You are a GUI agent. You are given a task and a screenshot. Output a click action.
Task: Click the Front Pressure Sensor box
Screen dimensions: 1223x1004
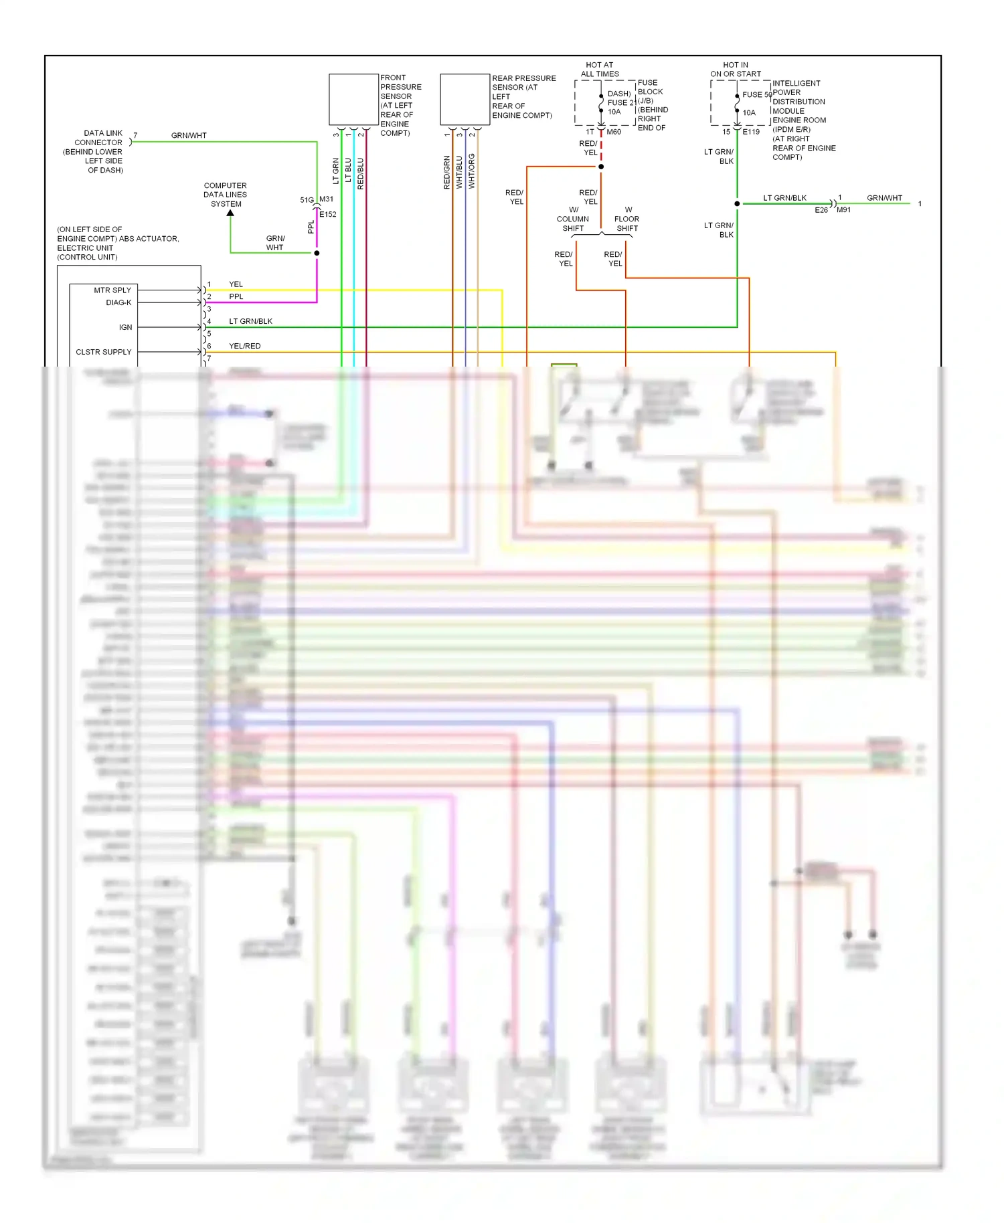353,100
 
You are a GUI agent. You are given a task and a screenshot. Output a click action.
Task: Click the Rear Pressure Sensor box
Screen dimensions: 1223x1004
465,100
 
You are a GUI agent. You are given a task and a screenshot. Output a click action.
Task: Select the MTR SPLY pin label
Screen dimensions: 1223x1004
112,290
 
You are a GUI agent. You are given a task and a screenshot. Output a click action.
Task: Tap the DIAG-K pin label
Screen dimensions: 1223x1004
118,302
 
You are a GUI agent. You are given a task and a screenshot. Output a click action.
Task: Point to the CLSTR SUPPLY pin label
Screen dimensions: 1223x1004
104,352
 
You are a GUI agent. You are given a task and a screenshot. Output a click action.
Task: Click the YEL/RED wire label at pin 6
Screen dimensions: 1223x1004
245,346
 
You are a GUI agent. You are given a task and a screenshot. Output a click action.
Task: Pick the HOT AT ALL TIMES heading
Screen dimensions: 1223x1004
600,70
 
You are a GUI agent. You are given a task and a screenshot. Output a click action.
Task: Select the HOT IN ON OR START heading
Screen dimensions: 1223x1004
736,70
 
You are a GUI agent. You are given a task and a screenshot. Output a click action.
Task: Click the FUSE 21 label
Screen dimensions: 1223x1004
621,102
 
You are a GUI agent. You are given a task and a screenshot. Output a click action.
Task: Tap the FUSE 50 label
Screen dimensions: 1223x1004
756,95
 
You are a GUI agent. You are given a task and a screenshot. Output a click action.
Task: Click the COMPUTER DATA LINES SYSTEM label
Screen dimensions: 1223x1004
226,195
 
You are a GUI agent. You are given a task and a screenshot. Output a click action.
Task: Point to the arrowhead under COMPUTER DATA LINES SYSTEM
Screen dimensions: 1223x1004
230,213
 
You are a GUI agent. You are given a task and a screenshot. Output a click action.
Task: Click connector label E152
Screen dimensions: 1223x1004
328,215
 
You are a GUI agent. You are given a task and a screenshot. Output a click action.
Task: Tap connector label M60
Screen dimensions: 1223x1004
614,132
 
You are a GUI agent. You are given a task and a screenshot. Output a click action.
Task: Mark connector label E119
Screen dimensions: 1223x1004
751,132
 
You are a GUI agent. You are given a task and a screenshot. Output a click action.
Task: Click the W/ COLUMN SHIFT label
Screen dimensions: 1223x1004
573,219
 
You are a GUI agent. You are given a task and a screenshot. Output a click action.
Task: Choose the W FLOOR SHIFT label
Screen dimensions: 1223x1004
627,219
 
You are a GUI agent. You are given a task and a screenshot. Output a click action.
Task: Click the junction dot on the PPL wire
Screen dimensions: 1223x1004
317,253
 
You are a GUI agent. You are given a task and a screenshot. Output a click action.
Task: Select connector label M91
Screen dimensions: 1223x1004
844,210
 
